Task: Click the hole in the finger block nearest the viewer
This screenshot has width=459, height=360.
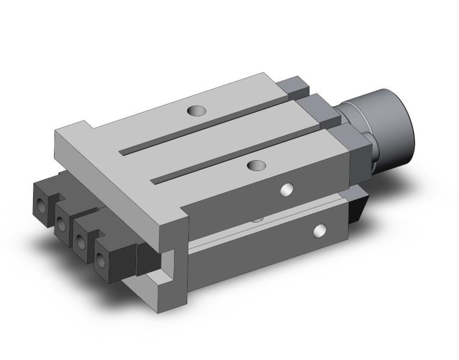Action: (x=101, y=259)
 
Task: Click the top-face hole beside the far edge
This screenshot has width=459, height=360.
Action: (x=195, y=110)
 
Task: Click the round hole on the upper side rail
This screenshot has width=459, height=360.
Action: (x=289, y=190)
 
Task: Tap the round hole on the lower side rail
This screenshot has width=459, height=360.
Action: (x=320, y=229)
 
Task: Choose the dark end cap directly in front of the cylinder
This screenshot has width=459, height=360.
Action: (x=357, y=153)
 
